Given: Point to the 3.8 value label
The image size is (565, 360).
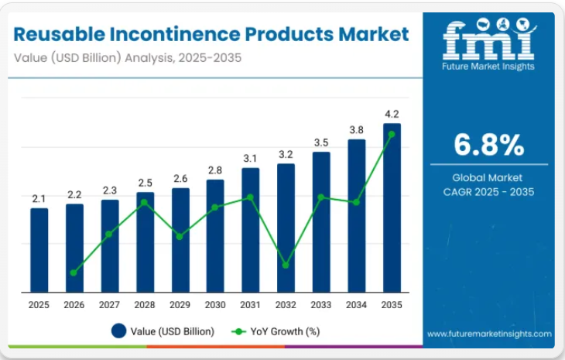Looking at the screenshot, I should click(x=357, y=130).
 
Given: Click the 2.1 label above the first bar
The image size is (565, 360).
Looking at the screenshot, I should click(x=39, y=199).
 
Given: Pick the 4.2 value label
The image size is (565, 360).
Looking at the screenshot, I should click(x=392, y=115).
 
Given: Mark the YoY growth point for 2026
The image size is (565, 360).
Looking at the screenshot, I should click(x=74, y=273).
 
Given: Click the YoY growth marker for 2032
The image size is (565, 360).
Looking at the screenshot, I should click(x=286, y=265).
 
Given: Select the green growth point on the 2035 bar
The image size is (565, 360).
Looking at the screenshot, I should click(x=392, y=134).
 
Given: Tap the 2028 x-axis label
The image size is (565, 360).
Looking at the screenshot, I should click(x=145, y=305).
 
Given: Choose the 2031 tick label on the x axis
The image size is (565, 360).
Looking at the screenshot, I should click(x=251, y=305).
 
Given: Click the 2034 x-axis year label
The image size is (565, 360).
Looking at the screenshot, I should click(x=357, y=305).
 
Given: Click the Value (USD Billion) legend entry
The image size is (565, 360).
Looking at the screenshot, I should click(x=163, y=331).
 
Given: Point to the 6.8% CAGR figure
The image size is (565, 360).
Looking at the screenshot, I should click(x=488, y=144).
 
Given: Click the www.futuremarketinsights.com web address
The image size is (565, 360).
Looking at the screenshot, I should click(x=489, y=334).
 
